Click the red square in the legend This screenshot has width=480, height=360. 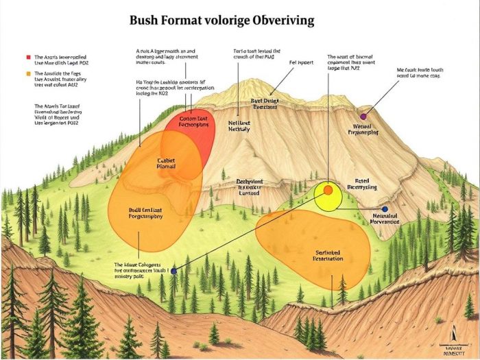(x=28, y=57)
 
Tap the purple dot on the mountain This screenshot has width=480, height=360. (x=363, y=117)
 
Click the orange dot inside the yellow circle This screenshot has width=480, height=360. (x=328, y=190)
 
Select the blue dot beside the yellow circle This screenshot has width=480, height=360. (x=385, y=208)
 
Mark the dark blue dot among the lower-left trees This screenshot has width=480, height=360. (x=173, y=271)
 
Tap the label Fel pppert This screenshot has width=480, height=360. (x=300, y=62)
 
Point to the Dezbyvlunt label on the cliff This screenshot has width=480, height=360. (x=250, y=187)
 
